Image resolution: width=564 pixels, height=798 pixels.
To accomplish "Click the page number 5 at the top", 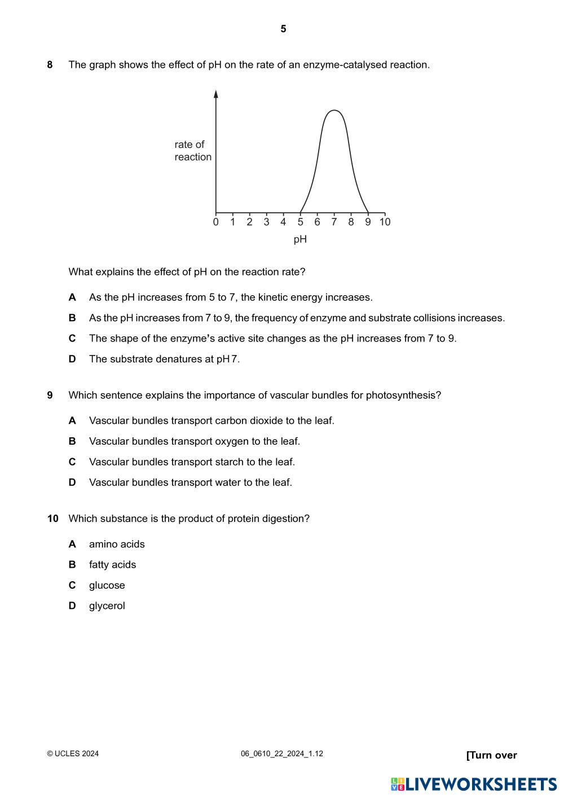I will tap(283, 29).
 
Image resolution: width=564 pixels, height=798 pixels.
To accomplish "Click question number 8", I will tap(50, 65).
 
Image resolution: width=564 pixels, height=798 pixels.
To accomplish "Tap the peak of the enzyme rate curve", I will tap(334, 111).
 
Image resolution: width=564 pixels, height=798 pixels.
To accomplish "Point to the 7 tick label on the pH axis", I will tap(334, 222).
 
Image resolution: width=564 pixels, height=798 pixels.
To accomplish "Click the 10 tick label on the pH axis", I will tap(385, 222).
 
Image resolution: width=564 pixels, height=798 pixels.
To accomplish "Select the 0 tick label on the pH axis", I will tap(216, 222).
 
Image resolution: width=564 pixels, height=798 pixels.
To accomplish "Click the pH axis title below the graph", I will tap(300, 239).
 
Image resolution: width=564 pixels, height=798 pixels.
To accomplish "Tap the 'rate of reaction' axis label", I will tap(192, 151).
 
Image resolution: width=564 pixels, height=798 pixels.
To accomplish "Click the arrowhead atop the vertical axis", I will tap(216, 94).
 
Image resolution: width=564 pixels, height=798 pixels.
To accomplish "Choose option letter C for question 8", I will tap(72, 339).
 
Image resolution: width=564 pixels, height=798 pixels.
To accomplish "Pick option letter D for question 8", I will tap(72, 359).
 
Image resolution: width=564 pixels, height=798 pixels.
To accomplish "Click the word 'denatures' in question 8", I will tap(181, 359).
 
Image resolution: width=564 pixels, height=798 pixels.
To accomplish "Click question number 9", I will tap(50, 395).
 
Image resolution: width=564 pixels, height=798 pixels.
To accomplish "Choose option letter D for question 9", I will tap(72, 483).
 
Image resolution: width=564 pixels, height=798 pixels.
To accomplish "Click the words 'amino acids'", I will tap(117, 544).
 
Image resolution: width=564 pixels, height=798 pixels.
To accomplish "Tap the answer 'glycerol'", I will tap(107, 606).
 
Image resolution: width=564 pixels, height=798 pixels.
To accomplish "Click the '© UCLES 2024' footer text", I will tap(73, 753).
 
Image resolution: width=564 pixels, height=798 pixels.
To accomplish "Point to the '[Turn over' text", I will tap(491, 755).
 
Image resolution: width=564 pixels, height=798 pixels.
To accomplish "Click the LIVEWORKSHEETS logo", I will tap(474, 784).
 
